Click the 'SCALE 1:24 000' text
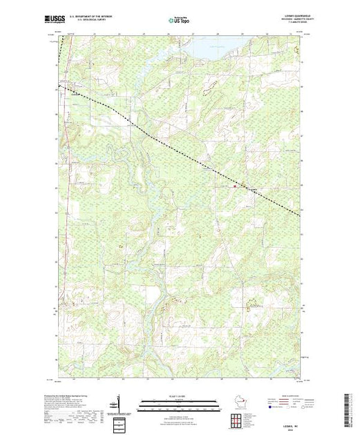[x=179, y=394]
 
